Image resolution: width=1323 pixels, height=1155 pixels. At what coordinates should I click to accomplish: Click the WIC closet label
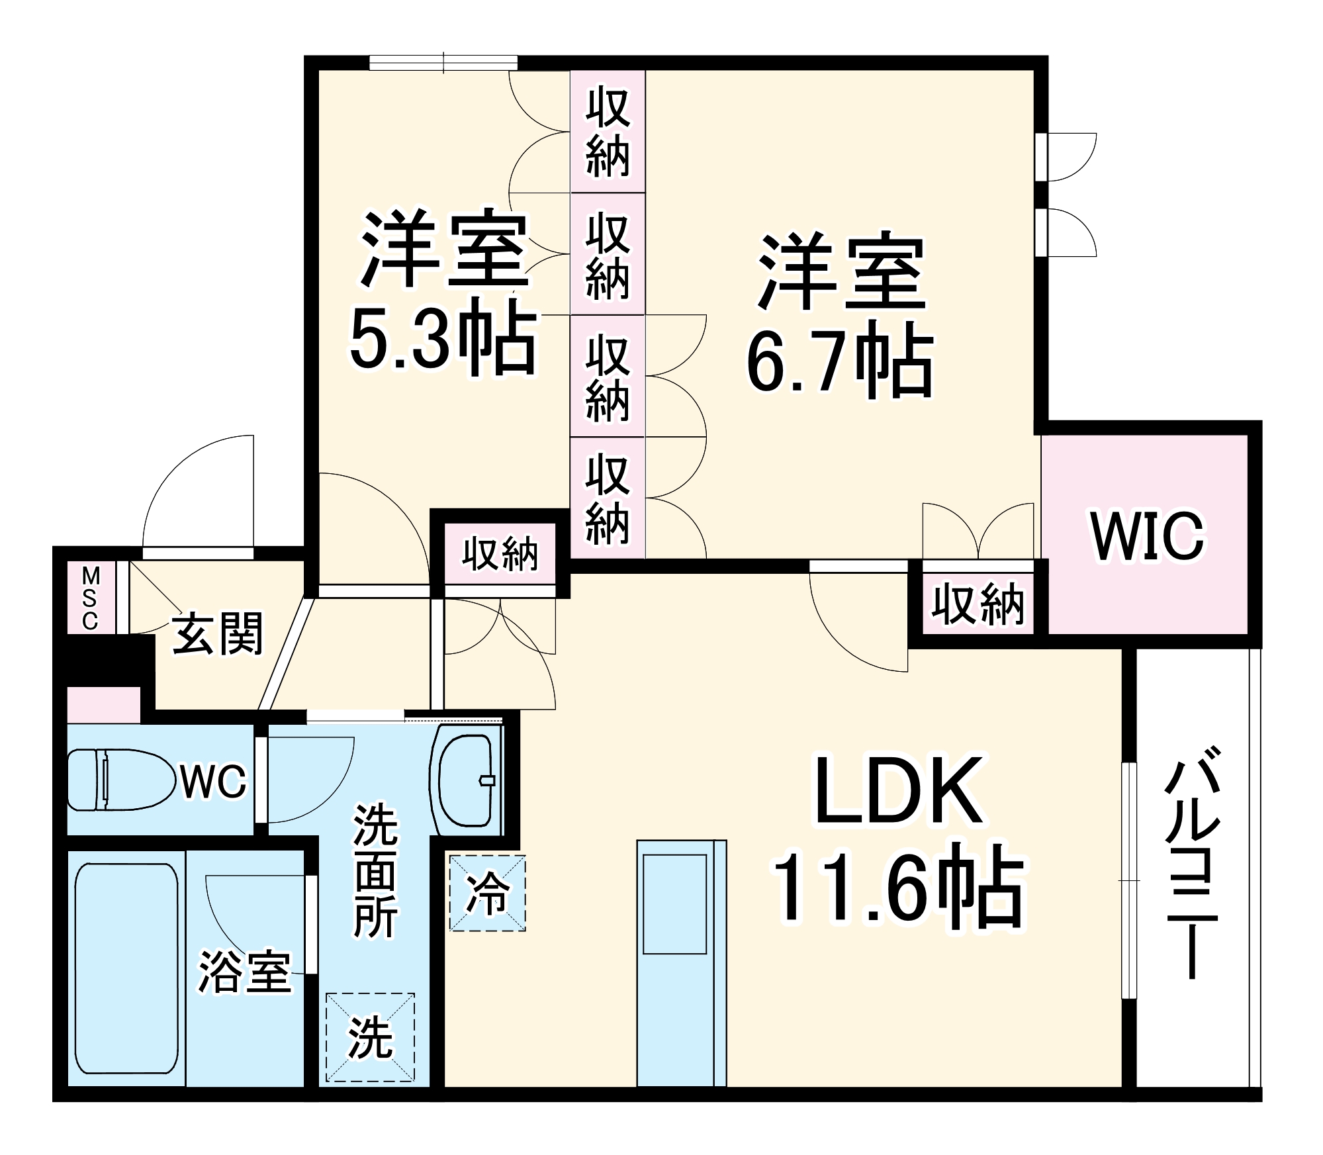point(1147,535)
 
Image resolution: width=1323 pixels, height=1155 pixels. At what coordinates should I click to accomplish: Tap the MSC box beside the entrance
point(91,598)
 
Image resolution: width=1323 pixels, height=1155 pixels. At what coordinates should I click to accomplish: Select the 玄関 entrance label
point(218,633)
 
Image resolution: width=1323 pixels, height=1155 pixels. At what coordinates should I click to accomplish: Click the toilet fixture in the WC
point(119,779)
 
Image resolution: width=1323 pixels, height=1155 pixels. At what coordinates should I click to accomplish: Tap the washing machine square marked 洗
point(370,1038)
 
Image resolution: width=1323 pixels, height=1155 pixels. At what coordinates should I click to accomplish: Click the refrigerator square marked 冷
point(488,894)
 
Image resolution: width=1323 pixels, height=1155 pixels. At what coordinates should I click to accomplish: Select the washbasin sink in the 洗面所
point(467,780)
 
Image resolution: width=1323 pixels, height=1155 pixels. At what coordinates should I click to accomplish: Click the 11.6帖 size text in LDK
point(897,887)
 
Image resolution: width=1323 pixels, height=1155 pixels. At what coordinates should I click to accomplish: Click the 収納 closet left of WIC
point(978,604)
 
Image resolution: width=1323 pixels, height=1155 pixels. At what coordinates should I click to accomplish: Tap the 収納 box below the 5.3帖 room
point(500,553)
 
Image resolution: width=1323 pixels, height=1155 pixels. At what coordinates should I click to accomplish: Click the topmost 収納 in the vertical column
point(608,131)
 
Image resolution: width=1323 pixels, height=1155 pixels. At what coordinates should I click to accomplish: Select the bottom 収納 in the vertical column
point(608,498)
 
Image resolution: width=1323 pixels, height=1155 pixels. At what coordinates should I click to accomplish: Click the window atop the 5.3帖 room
point(443,63)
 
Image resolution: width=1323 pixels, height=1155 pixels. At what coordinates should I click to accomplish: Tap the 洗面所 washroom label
point(375,871)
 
